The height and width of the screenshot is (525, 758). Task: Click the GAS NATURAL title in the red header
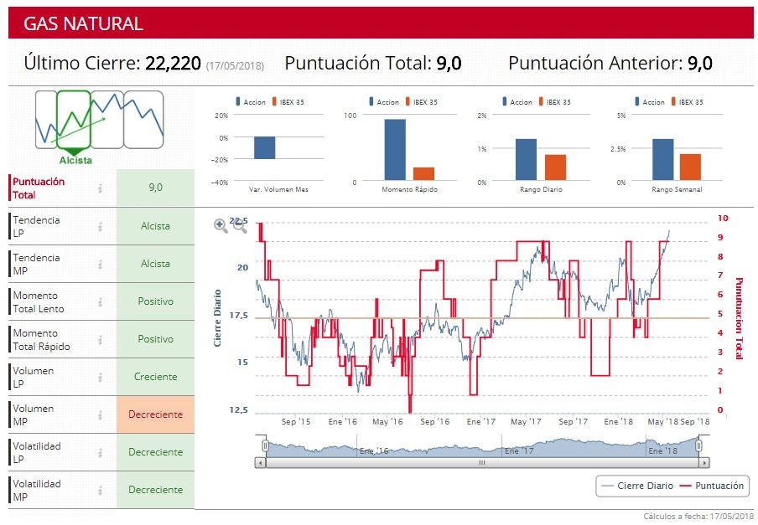pos(83,24)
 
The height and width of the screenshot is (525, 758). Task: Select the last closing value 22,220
pos(173,64)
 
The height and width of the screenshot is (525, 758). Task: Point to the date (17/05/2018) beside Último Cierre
pos(235,65)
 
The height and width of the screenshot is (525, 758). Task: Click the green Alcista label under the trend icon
pos(75,160)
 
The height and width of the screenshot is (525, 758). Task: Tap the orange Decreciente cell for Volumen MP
pos(155,414)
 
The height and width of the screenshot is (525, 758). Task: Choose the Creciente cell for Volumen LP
pos(155,377)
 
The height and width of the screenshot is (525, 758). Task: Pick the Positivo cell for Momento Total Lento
pos(155,301)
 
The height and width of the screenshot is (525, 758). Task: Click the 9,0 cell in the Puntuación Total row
pos(155,188)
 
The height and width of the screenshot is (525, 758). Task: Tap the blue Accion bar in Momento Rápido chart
pos(395,150)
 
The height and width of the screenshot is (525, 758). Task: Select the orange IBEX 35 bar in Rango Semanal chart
pos(690,167)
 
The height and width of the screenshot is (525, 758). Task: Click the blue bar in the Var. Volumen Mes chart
pos(264,147)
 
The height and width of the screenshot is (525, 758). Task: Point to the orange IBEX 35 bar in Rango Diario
pos(556,167)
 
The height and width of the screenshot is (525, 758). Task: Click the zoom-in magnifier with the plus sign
pos(221,225)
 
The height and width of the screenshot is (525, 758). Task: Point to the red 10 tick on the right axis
pos(724,219)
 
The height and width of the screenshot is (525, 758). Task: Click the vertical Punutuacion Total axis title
pos(739,318)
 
